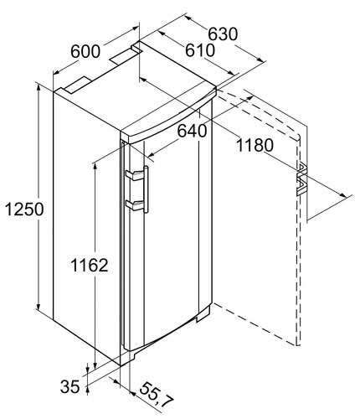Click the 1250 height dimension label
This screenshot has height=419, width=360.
pos(24,209)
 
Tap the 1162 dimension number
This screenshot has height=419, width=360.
pos(89,265)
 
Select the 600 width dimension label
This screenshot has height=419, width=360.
pos(85,51)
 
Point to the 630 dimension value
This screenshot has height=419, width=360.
pos(223,34)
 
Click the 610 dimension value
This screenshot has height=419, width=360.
pos(200,50)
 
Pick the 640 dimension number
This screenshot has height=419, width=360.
pos(193,131)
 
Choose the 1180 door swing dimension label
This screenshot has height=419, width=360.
pos(255,145)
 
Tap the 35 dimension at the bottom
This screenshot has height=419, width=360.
pos(70,387)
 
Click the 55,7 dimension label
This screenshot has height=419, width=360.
pos(156,396)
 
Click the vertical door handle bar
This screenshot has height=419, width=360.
pos(146,189)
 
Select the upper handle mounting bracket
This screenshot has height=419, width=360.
pos(135,175)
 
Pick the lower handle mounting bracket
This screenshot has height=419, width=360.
pos(135,205)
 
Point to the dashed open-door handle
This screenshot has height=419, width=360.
pos(302,179)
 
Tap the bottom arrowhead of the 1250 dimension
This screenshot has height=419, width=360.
pos(39,306)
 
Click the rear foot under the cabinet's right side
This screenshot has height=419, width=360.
pos(203,315)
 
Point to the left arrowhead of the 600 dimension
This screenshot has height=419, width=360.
pos(57,72)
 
